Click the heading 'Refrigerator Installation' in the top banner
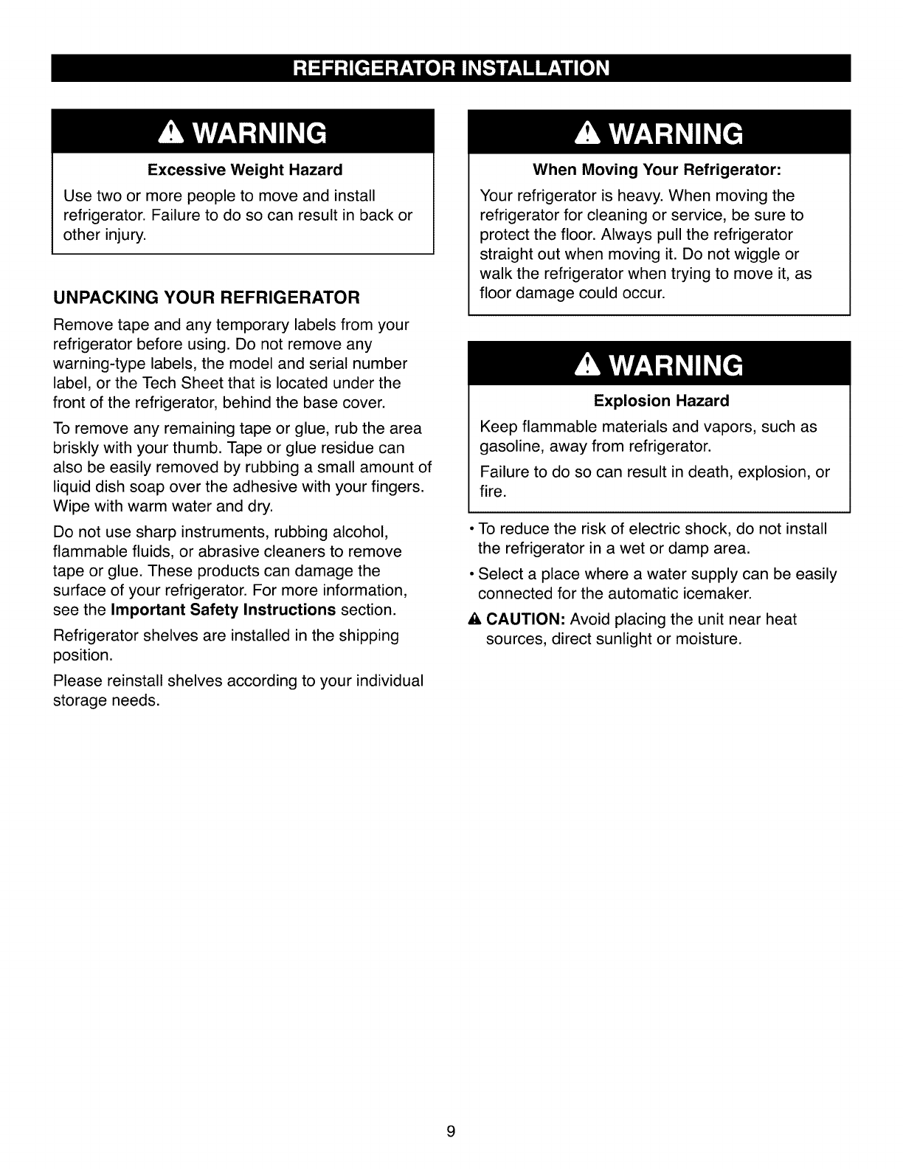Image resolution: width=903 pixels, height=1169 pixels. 451,69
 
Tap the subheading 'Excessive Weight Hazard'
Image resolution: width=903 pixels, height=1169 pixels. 245,170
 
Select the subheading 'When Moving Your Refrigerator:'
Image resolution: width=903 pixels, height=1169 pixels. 657,170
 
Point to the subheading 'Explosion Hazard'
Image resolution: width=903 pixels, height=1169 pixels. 661,401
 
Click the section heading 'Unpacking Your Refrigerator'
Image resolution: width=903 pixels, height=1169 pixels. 207,297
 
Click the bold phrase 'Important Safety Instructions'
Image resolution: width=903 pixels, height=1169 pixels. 224,610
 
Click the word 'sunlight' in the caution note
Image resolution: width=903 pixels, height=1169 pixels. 621,639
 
